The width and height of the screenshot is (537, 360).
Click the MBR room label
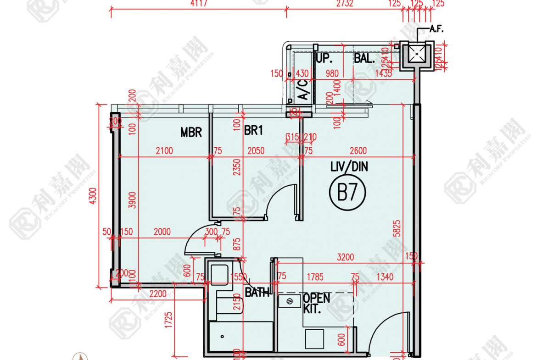coord(191,133)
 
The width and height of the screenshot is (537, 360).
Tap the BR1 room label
coord(253,131)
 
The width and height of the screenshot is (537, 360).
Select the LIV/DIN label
coord(349,166)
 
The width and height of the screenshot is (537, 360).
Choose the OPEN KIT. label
coord(316,303)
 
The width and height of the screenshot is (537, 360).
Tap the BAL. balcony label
coord(364,59)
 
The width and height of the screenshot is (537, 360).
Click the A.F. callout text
coord(436,29)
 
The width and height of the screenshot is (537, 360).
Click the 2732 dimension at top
coord(345,4)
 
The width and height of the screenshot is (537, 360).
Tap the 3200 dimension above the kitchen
coord(345,257)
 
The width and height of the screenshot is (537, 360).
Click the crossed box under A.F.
coord(417,54)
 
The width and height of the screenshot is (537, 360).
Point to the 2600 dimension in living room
coord(358,151)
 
